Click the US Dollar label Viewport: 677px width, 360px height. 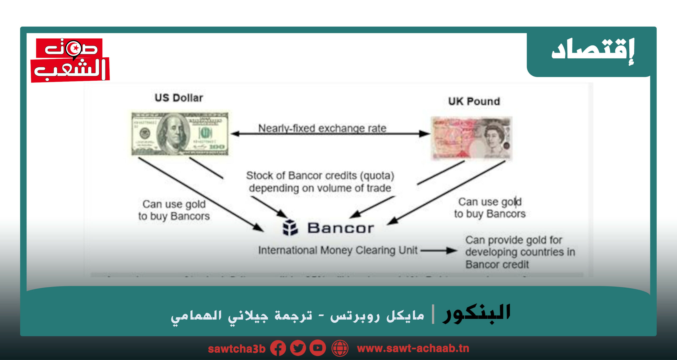pyautogui.click(x=179, y=98)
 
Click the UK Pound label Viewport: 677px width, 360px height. pyautogui.click(x=474, y=101)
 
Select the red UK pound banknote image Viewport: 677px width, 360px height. pyautogui.click(x=472, y=138)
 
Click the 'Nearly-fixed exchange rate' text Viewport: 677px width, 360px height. pyautogui.click(x=322, y=128)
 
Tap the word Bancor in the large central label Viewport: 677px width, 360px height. pyautogui.click(x=341, y=228)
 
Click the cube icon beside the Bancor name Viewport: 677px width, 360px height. pyautogui.click(x=290, y=228)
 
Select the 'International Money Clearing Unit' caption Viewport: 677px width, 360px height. pyautogui.click(x=338, y=250)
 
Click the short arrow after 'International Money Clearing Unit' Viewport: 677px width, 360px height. pyautogui.click(x=439, y=250)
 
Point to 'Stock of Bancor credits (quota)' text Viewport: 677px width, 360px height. pyautogui.click(x=320, y=176)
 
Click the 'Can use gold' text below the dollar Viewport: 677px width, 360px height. pyautogui.click(x=174, y=204)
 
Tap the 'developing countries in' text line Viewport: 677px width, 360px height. pyautogui.click(x=520, y=252)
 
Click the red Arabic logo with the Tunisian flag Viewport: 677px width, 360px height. pyautogui.click(x=70, y=60)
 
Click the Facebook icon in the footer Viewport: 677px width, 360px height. pyautogui.click(x=278, y=348)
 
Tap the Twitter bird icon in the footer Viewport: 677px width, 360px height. pyautogui.click(x=298, y=348)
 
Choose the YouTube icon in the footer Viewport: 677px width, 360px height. pyautogui.click(x=318, y=348)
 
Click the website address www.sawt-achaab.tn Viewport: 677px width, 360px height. pyautogui.click(x=413, y=349)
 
